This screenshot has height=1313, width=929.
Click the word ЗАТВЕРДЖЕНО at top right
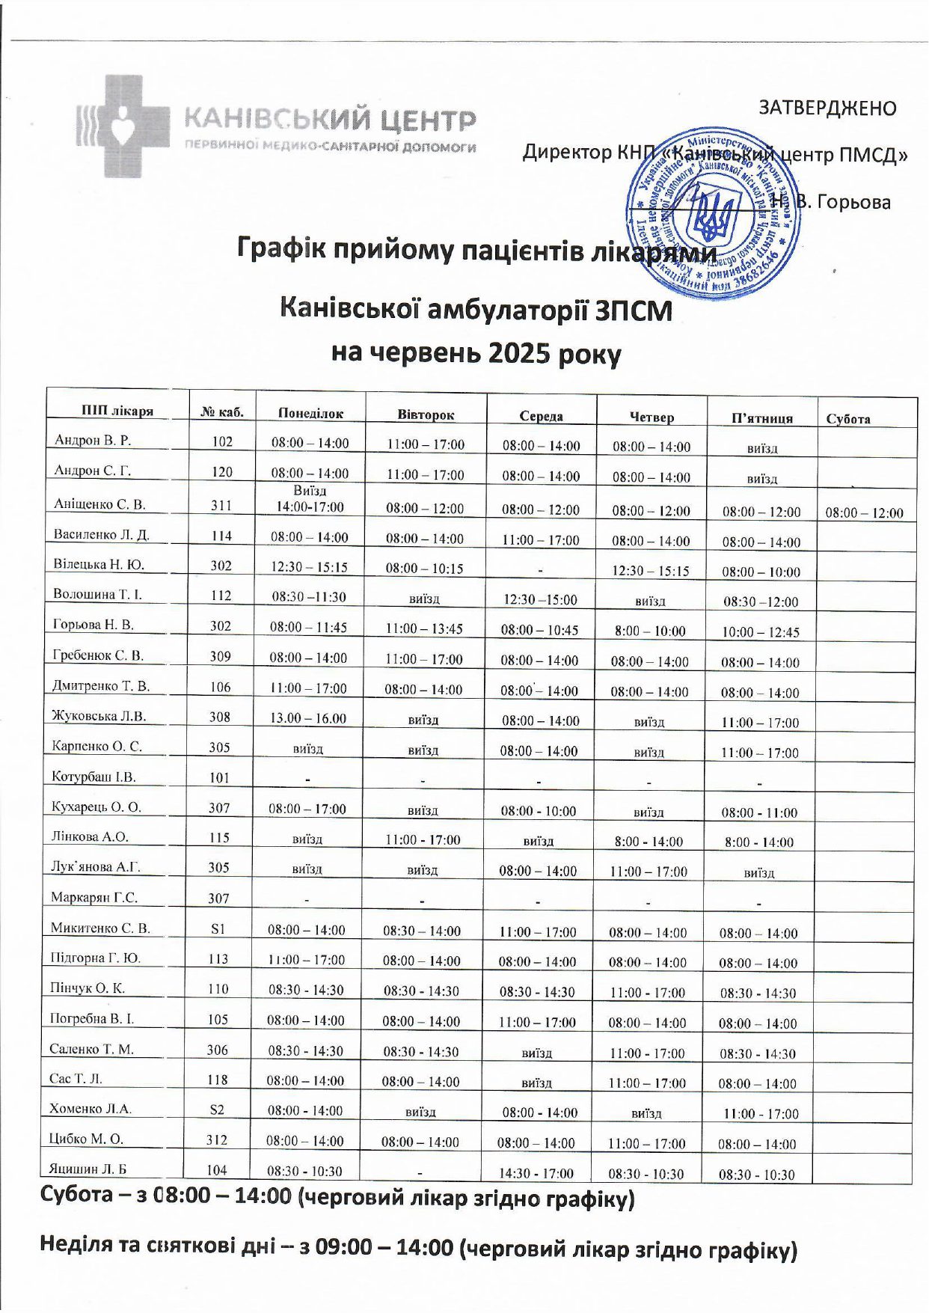click(x=827, y=108)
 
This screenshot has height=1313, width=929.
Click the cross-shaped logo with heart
click(x=123, y=125)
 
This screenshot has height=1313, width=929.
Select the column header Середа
click(x=541, y=416)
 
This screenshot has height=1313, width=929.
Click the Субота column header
click(x=848, y=419)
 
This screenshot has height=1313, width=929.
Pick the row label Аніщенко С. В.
click(x=99, y=504)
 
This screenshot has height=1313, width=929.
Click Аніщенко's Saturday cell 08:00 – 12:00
click(x=864, y=513)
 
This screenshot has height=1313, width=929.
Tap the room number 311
click(x=221, y=505)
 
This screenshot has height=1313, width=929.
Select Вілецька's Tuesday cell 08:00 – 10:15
click(x=424, y=569)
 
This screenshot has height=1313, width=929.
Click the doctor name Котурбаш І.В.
click(x=93, y=777)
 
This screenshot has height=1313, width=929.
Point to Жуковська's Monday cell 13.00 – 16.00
click(x=308, y=718)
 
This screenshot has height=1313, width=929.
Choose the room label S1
click(x=218, y=928)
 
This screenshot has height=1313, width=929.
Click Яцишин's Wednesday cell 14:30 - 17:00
click(x=536, y=1173)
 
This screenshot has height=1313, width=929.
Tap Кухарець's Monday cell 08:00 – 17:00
click(x=307, y=809)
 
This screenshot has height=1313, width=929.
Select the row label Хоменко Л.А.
click(x=91, y=1109)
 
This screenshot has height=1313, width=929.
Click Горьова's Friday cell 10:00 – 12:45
click(x=761, y=632)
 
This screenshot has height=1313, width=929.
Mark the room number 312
click(x=217, y=1140)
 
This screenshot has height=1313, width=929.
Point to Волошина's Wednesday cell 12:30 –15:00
click(x=539, y=600)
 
